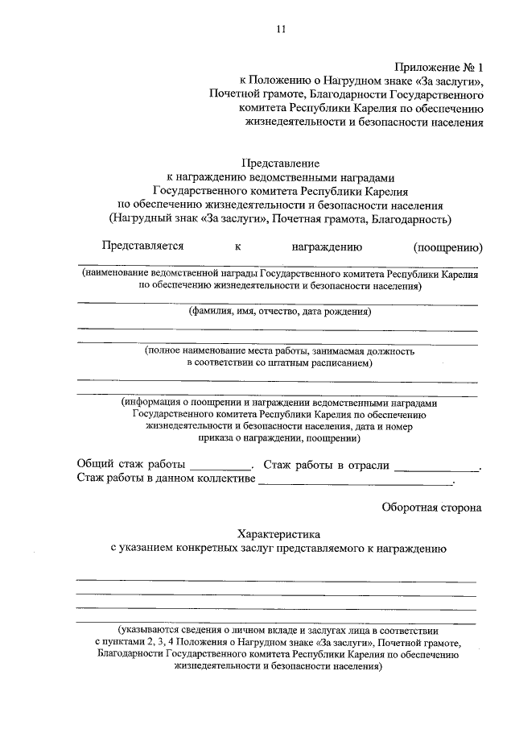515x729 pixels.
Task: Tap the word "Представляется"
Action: coord(142,246)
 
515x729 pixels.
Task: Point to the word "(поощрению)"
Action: coord(447,246)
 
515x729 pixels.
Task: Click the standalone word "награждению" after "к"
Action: coord(327,246)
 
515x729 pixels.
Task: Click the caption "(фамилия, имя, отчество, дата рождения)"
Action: coord(280,312)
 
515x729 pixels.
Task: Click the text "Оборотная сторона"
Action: coord(431,507)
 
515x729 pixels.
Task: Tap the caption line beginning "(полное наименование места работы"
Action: coord(280,351)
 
